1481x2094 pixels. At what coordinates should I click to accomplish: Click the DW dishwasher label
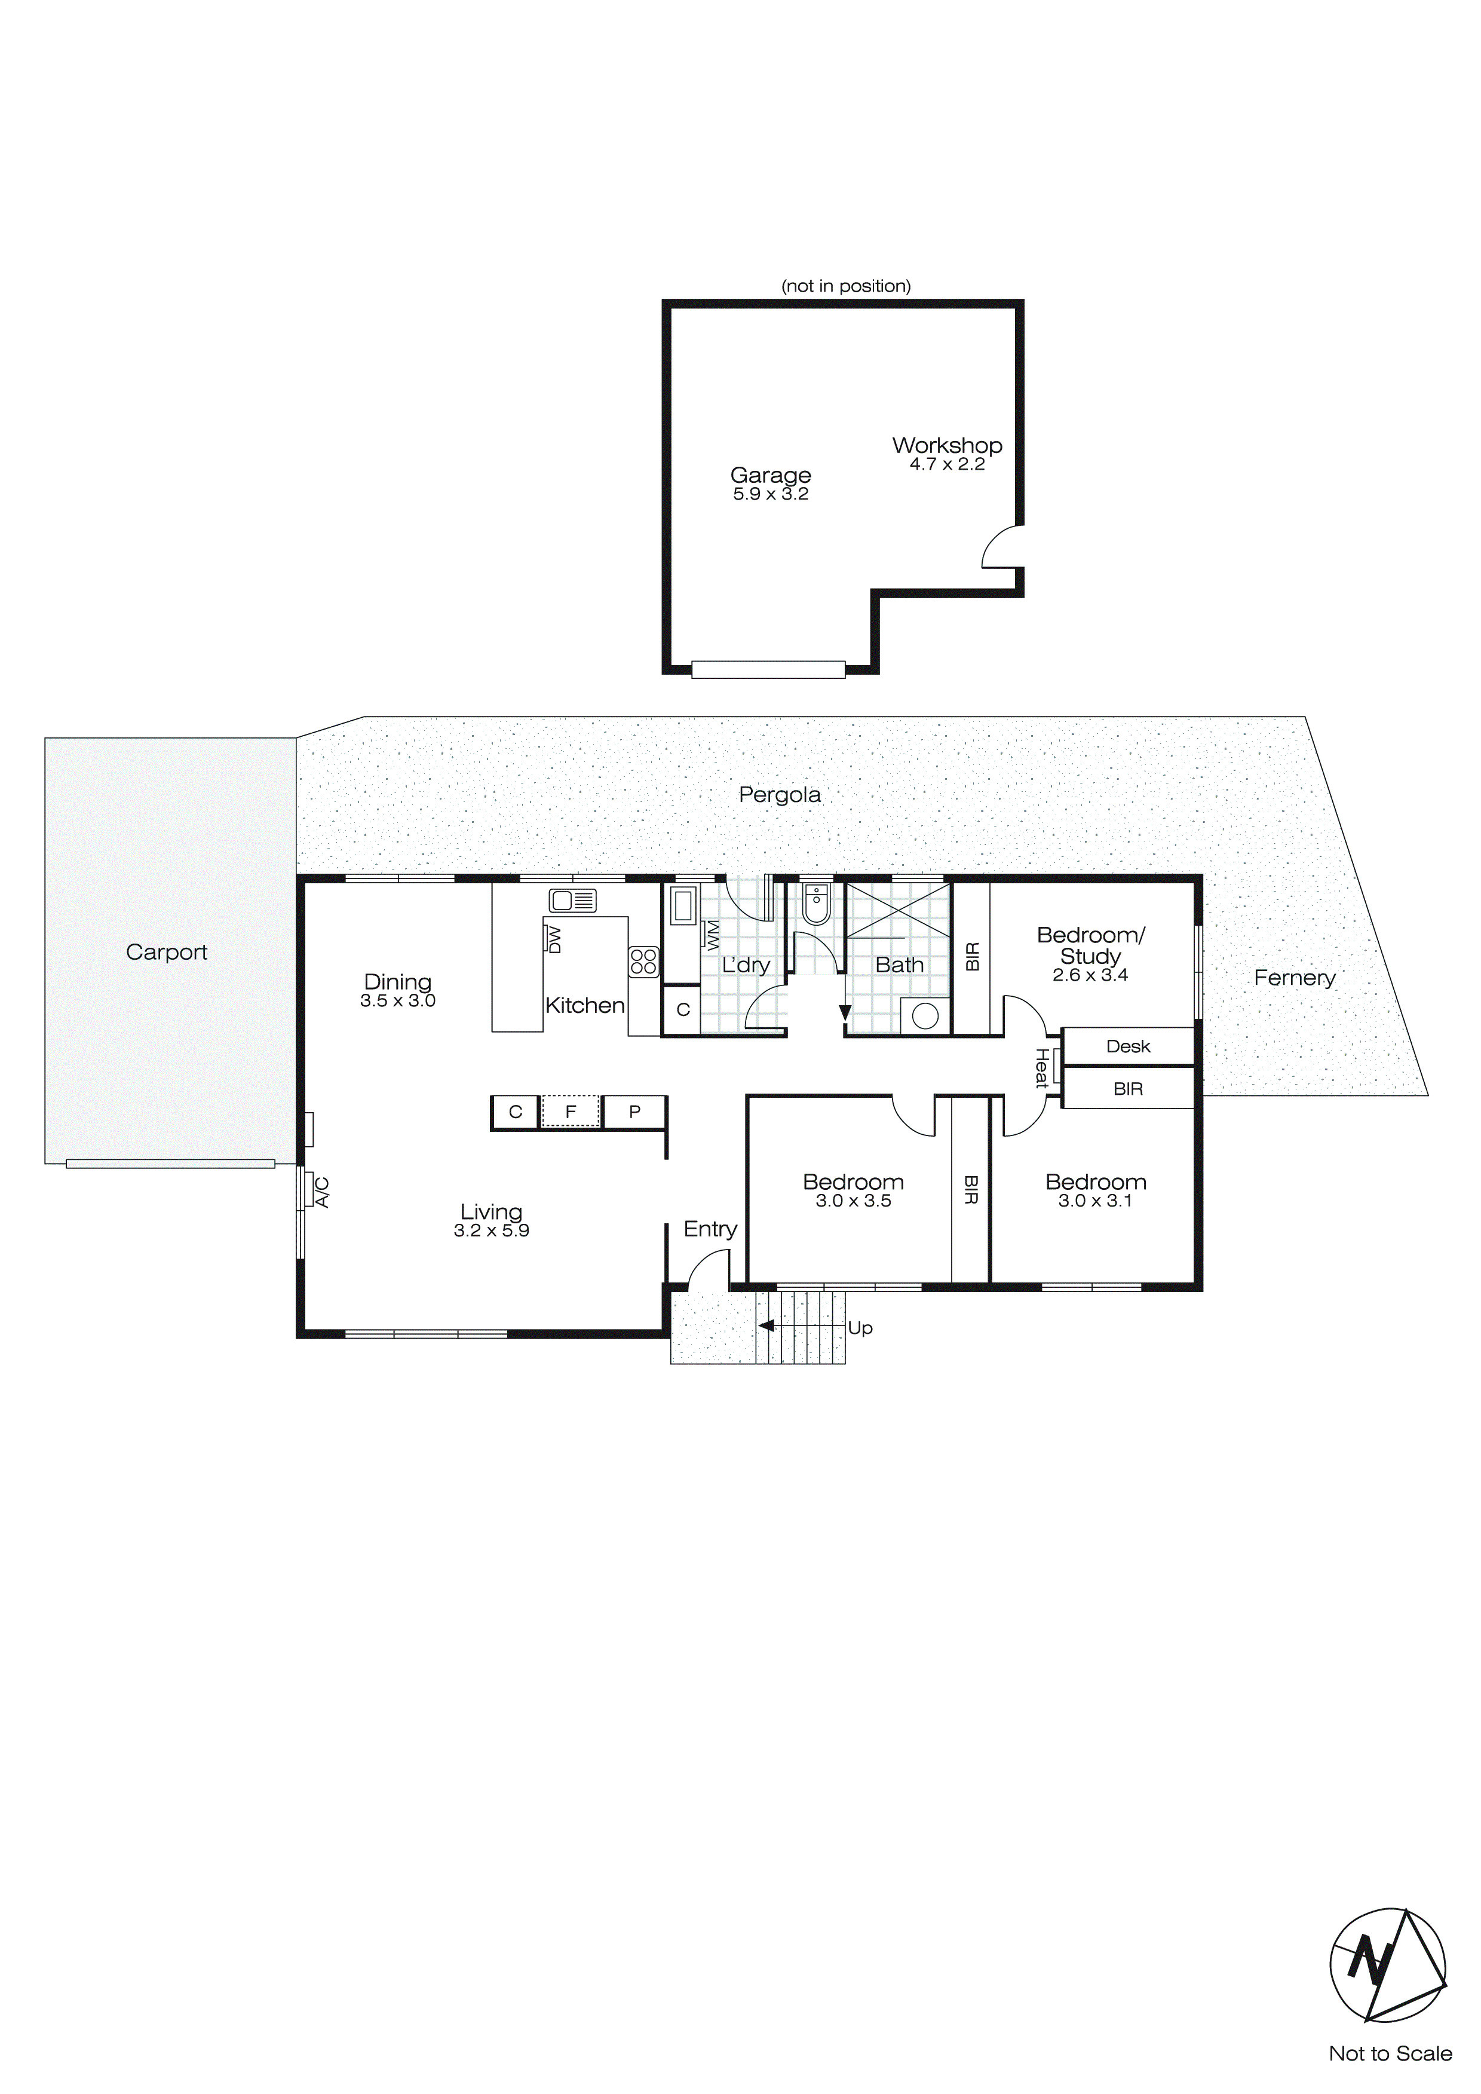tap(554, 939)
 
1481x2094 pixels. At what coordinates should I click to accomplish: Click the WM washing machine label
tap(712, 934)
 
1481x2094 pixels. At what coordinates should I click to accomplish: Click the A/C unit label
tap(322, 1192)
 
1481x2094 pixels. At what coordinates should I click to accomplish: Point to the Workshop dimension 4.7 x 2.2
tap(946, 464)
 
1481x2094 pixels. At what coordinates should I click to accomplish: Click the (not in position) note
tap(845, 286)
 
